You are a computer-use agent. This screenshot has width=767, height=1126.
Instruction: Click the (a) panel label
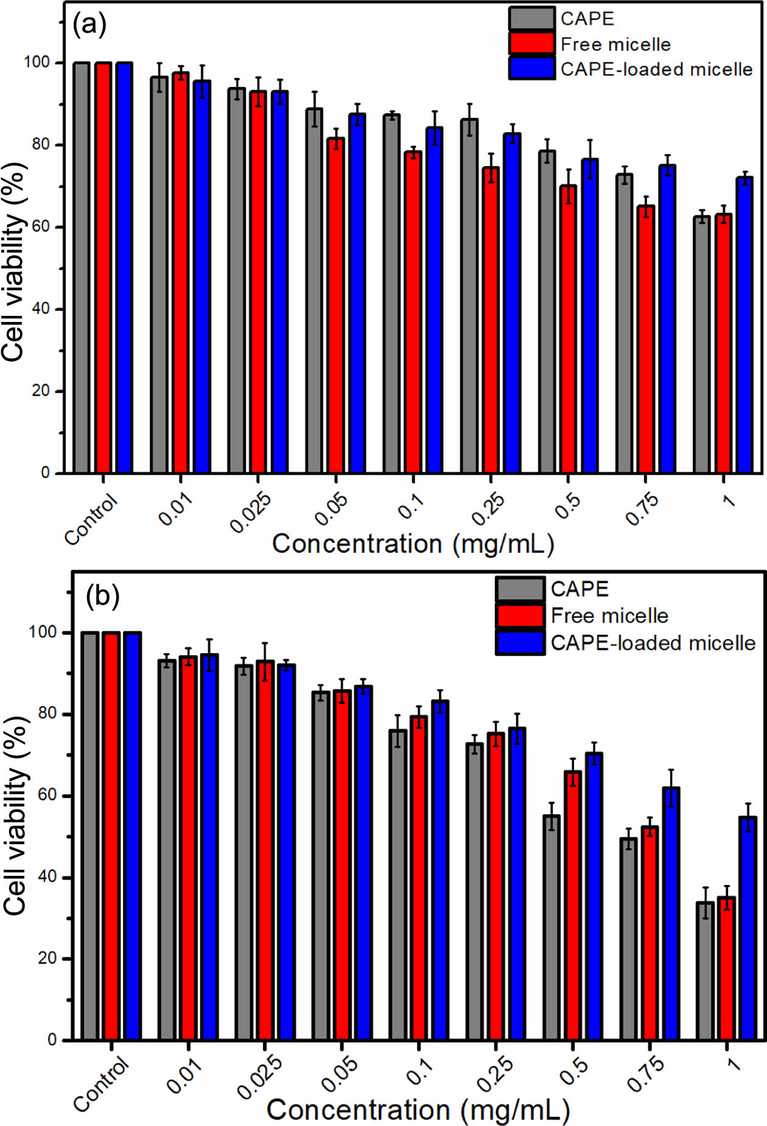click(89, 26)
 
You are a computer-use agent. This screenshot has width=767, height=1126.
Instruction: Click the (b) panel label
click(102, 596)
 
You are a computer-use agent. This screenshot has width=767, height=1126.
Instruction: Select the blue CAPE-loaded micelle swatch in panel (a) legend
click(532, 68)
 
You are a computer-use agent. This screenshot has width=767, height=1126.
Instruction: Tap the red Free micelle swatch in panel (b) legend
click(520, 615)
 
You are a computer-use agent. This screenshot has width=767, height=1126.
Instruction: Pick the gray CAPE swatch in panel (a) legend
click(532, 18)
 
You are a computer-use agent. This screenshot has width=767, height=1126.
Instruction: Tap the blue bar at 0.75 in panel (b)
click(671, 914)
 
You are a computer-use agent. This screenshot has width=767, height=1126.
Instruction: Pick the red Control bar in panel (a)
click(103, 267)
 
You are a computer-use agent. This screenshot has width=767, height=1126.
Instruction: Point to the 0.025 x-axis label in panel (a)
click(250, 513)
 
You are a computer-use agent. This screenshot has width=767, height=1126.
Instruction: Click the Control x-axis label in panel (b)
click(101, 1084)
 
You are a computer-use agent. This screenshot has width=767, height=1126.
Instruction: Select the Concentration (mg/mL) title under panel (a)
click(413, 544)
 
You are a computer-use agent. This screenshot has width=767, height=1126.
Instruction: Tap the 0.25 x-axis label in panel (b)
click(494, 1074)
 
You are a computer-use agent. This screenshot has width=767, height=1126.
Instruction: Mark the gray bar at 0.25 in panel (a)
click(469, 296)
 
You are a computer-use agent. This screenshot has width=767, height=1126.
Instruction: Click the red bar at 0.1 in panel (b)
click(418, 878)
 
